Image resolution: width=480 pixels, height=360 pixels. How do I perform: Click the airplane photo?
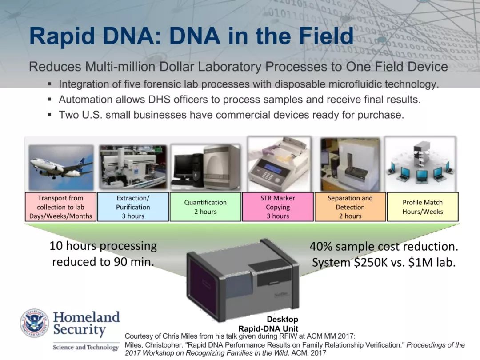pyautogui.click(x=61, y=168)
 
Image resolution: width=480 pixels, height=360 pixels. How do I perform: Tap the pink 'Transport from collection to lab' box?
pyautogui.click(x=60, y=207)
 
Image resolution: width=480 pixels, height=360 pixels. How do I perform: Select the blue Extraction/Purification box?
pyautogui.click(x=133, y=207)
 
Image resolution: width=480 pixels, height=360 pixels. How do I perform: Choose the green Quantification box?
pyautogui.click(x=205, y=207)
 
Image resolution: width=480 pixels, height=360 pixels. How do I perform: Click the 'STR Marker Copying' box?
pyautogui.click(x=278, y=207)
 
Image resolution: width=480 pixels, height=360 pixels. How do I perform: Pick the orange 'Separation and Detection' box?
pyautogui.click(x=350, y=207)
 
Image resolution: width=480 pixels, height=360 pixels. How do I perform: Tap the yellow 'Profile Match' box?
pyautogui.click(x=423, y=207)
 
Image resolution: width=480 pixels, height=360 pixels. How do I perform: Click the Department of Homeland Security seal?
pyautogui.click(x=34, y=323)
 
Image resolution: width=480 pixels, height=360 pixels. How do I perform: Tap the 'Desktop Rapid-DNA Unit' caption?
pyautogui.click(x=268, y=324)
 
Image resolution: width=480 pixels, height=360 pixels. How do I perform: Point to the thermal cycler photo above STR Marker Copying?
pyautogui.click(x=279, y=164)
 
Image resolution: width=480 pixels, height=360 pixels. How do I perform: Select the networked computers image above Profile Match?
pyautogui.click(x=420, y=164)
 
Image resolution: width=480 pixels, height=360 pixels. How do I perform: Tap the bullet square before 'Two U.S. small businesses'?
pyautogui.click(x=50, y=115)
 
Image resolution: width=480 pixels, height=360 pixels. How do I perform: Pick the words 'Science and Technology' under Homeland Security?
pyautogui.click(x=86, y=347)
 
